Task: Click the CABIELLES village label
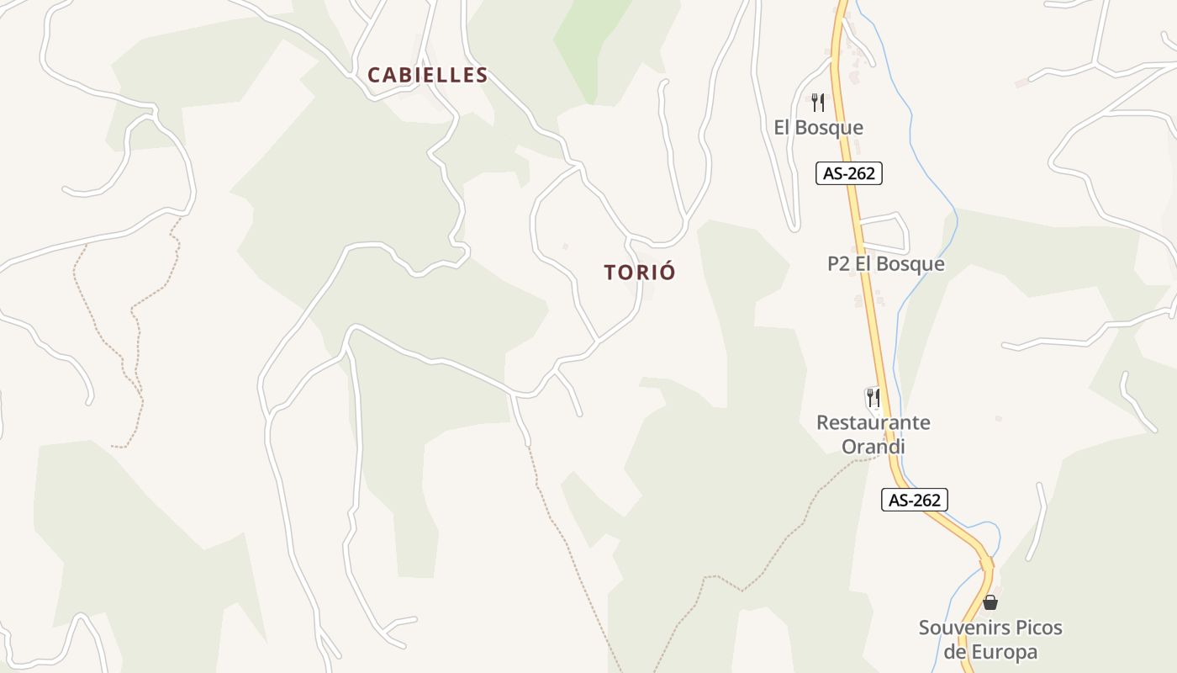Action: (428, 75)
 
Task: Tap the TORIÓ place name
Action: (640, 273)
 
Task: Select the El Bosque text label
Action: (818, 128)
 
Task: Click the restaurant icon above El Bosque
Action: (817, 103)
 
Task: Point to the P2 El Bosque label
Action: (885, 264)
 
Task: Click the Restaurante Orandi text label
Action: (874, 434)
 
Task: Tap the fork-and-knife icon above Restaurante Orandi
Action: (874, 397)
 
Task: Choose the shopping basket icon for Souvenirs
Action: (990, 602)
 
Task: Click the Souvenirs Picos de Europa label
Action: (990, 639)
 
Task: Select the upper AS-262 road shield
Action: (849, 174)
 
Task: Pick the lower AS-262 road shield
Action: (915, 500)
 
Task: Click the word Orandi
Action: (874, 447)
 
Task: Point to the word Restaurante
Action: (874, 422)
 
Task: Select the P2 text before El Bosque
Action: (839, 264)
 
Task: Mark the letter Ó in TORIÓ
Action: (668, 272)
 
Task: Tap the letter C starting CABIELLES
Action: (375, 75)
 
